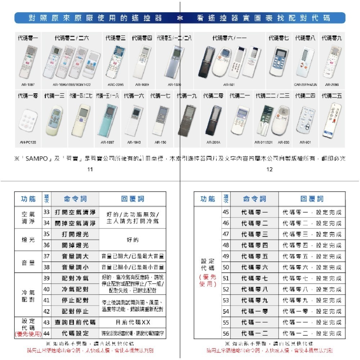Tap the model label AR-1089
tap(142, 85)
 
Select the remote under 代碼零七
tap(279, 61)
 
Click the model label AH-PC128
tap(27, 142)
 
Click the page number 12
tap(270, 170)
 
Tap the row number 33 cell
tap(46, 212)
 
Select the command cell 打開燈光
tap(75, 234)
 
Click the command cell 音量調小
tap(75, 267)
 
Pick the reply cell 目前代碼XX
tap(132, 322)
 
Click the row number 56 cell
tap(226, 333)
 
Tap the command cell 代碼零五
tap(255, 256)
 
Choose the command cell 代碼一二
tap(255, 333)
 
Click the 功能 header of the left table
tap(28, 199)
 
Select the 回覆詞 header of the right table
tap(312, 199)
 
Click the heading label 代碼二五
tap(332, 96)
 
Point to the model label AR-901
tap(305, 142)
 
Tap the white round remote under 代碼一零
tap(28, 119)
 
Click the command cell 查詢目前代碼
tap(75, 322)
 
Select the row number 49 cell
tap(226, 256)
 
